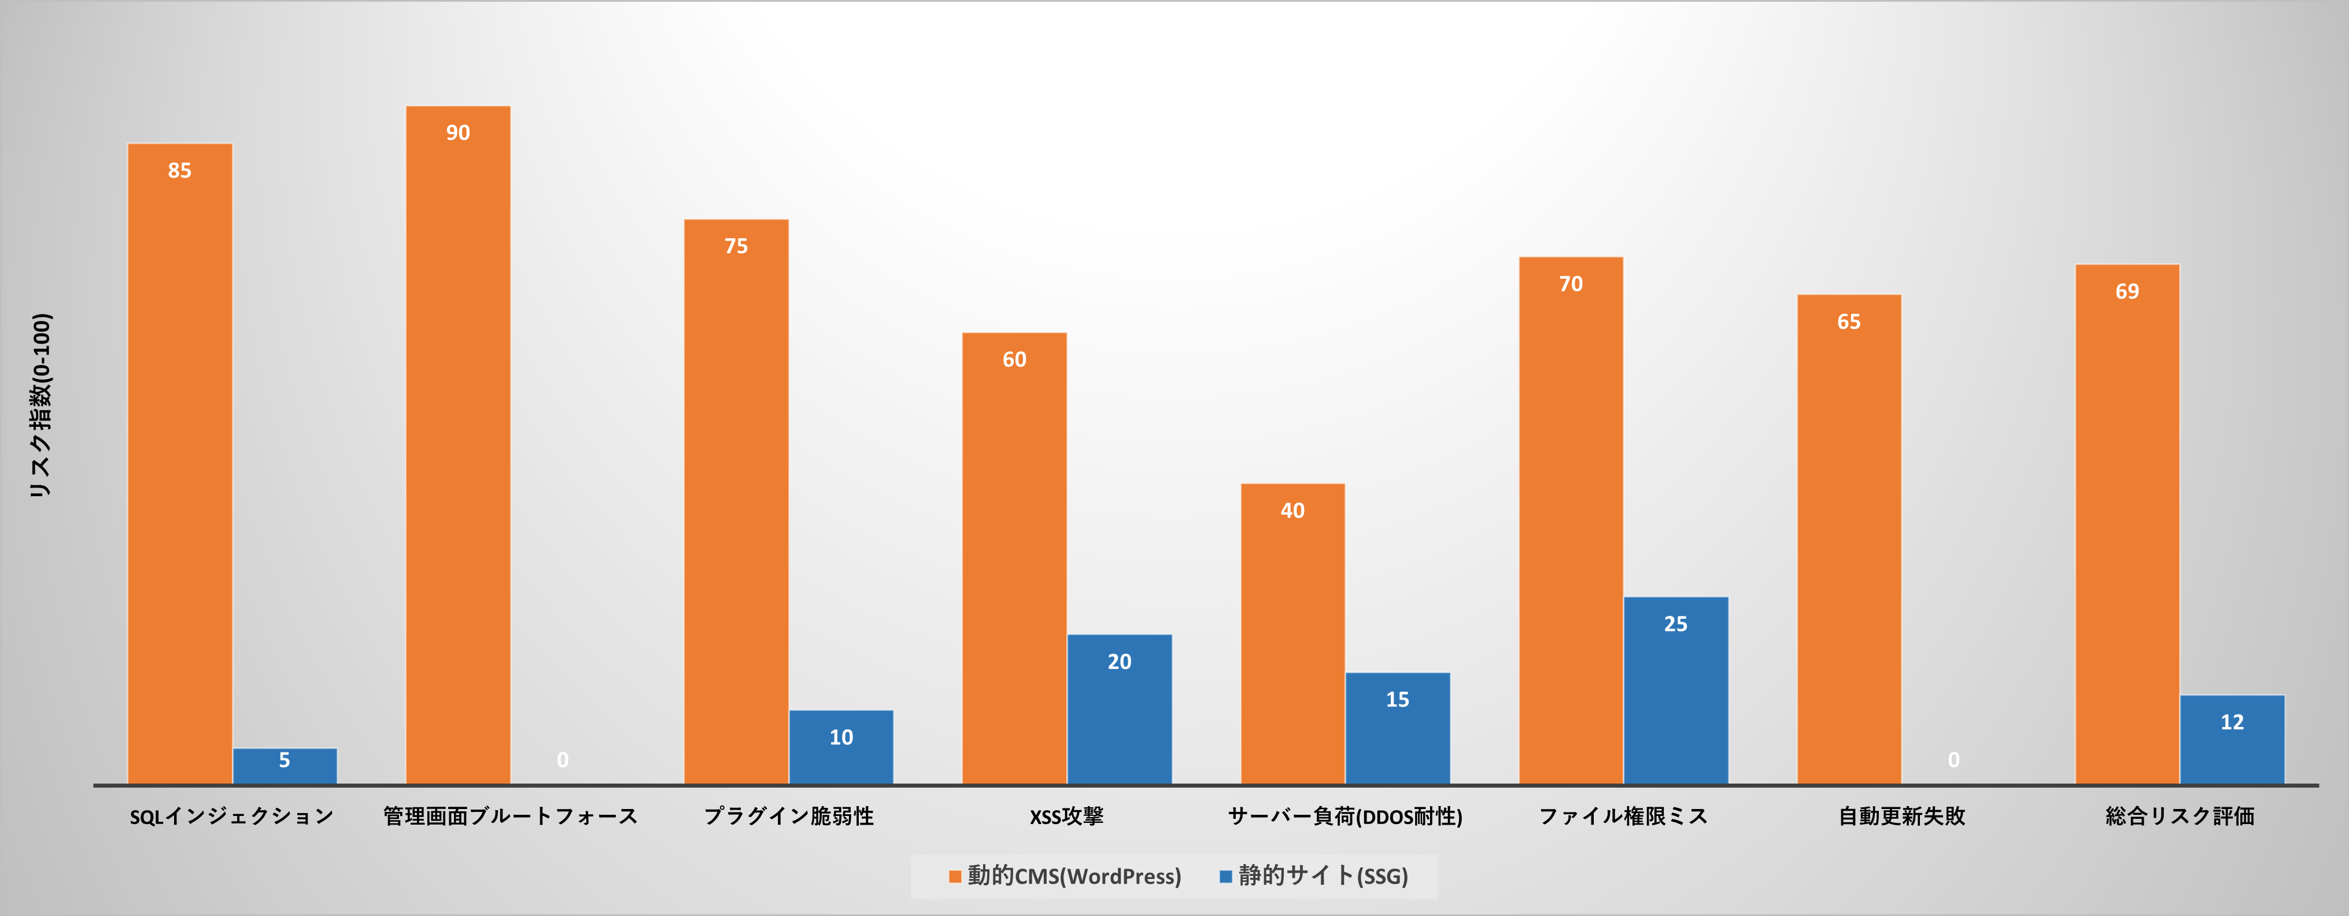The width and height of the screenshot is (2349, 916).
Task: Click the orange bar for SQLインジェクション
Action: [180, 465]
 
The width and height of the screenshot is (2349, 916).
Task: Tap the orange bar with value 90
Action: [458, 446]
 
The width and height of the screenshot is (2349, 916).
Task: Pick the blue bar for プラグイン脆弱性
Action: [841, 747]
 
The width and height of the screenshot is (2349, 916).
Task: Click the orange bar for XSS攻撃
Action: [1014, 558]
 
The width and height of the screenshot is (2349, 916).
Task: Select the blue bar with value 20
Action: [1119, 709]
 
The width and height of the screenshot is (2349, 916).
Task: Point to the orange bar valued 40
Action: [1292, 633]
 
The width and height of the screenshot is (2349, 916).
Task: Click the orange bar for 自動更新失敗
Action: [1848, 540]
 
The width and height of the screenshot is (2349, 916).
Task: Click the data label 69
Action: [2126, 291]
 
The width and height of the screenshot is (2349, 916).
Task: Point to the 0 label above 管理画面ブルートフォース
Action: [563, 760]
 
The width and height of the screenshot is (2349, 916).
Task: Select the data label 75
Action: [736, 246]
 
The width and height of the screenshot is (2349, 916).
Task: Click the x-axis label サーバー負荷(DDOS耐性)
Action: [1345, 817]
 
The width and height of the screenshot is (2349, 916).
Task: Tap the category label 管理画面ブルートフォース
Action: [511, 817]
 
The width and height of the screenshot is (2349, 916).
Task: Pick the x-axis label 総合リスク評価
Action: [2180, 817]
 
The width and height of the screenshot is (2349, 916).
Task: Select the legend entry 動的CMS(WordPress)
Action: [1073, 877]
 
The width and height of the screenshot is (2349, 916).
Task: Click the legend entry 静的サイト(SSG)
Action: [1322, 877]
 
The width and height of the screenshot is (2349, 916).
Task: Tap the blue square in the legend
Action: [1225, 877]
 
